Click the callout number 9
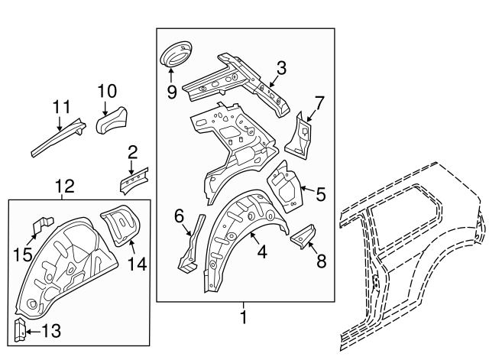[171, 92]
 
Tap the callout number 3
[281, 70]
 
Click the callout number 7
[319, 101]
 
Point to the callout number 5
[321, 194]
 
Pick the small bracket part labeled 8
[306, 238]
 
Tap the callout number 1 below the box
[244, 316]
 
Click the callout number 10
[106, 92]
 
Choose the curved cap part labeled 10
[112, 118]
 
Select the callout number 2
[132, 151]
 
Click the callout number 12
[65, 186]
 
